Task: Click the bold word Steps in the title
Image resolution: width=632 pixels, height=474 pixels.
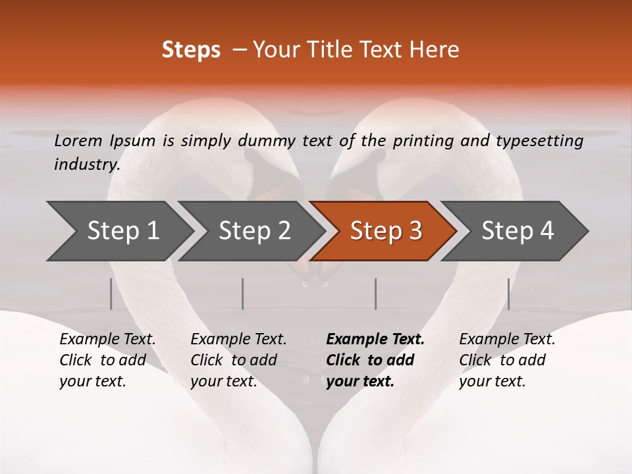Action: click(191, 50)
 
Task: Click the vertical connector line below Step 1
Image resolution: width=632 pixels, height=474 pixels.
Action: click(111, 294)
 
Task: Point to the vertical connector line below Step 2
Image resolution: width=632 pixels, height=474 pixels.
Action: click(243, 294)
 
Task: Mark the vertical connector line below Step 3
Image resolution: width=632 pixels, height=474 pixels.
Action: click(375, 294)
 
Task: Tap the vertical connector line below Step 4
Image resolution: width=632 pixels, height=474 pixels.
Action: click(508, 294)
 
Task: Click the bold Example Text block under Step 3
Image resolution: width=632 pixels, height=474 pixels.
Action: click(375, 360)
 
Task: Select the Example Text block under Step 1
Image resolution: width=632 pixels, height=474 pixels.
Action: click(107, 360)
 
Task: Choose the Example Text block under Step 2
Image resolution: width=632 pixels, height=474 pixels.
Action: click(238, 360)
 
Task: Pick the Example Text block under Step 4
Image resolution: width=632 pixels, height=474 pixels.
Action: click(507, 360)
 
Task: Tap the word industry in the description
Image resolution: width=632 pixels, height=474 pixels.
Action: click(87, 164)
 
